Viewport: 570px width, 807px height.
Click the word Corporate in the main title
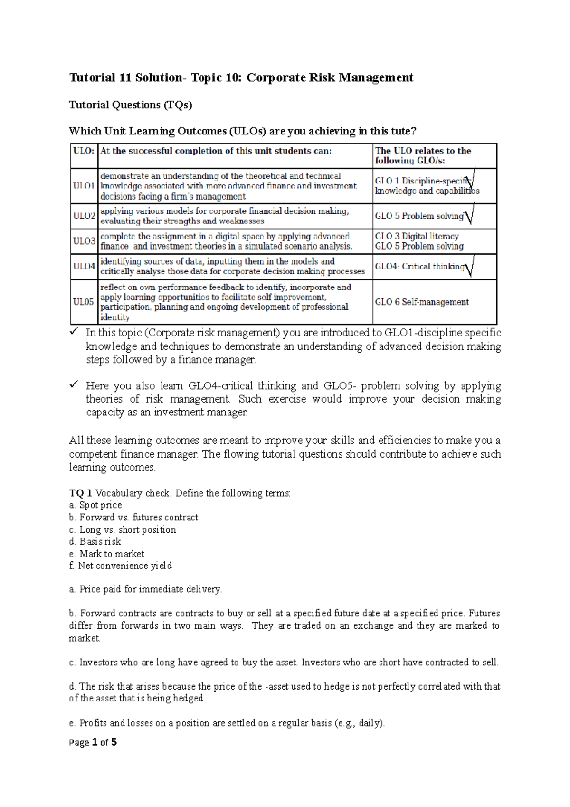(276, 77)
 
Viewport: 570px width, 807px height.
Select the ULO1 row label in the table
(84, 186)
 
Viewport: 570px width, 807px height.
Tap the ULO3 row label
(84, 241)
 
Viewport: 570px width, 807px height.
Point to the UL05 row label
(84, 302)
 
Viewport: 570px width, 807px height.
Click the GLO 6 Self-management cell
(422, 302)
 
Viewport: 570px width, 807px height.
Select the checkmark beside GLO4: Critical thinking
(470, 266)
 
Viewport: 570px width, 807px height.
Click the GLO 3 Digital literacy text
(417, 236)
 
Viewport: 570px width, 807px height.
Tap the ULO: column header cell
(84, 151)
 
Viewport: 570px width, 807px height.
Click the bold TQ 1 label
(80, 493)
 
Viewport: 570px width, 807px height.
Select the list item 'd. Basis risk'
(95, 541)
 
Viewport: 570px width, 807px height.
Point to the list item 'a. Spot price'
(95, 505)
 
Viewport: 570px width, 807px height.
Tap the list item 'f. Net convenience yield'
(120, 566)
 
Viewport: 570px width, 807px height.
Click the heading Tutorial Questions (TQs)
(130, 105)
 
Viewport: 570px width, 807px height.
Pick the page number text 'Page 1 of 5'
(93, 742)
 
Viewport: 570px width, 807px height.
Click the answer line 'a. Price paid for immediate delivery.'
(145, 589)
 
